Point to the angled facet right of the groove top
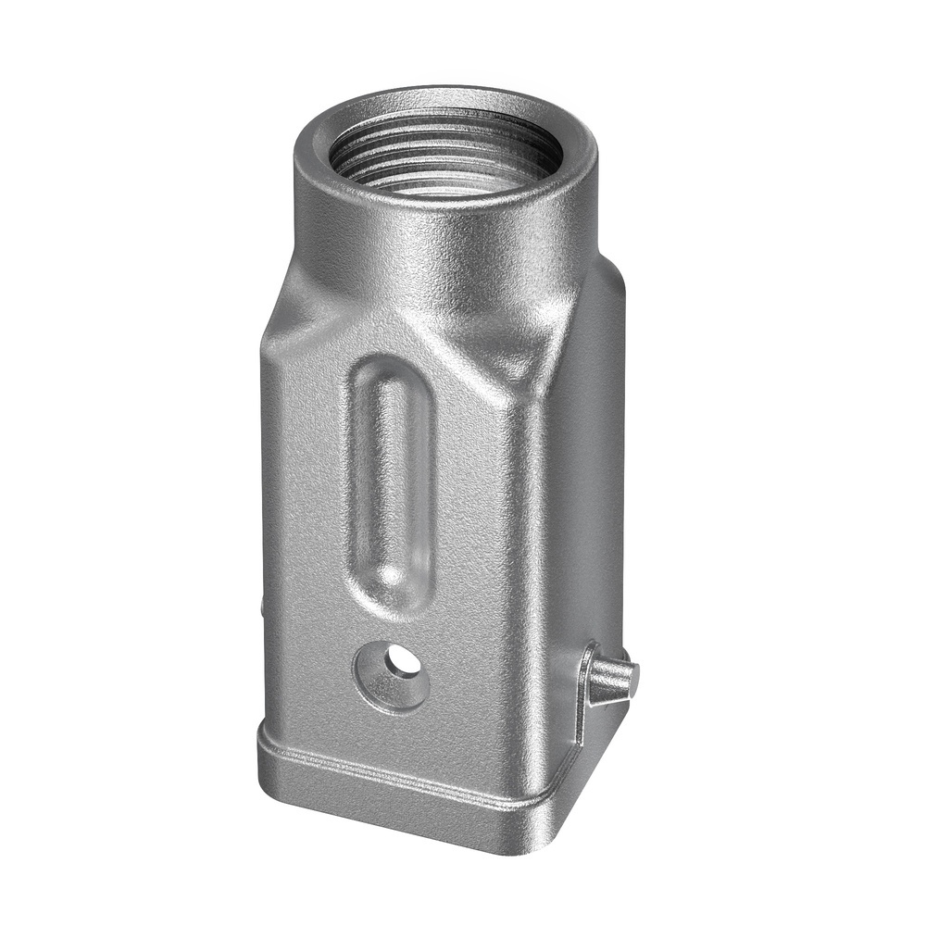click(x=463, y=370)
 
